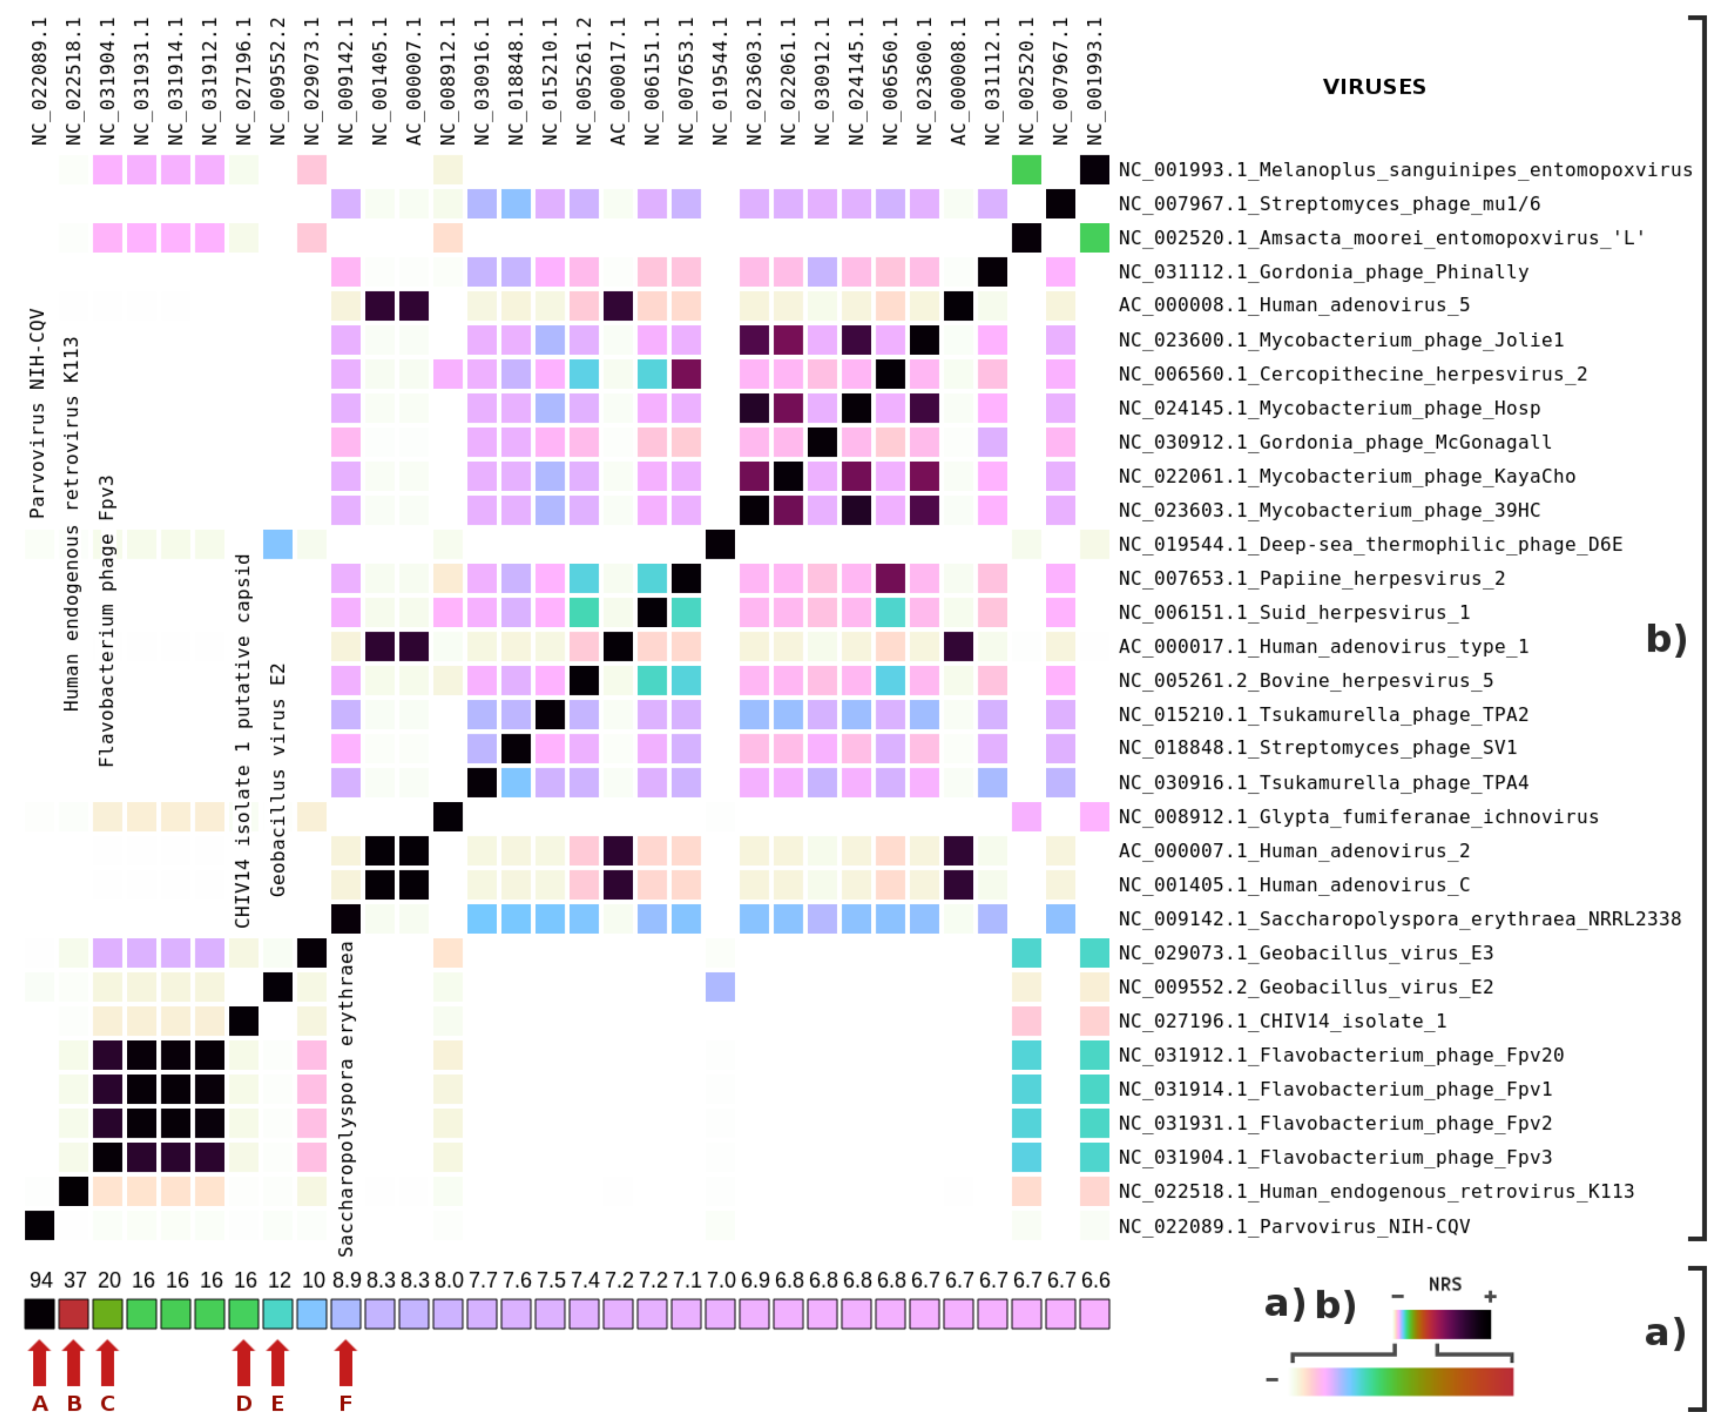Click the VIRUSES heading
pyautogui.click(x=1374, y=87)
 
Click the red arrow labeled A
pyautogui.click(x=40, y=1364)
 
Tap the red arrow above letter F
pyautogui.click(x=346, y=1364)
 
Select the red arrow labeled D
pyautogui.click(x=243, y=1364)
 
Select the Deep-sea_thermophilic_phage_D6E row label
pyautogui.click(x=1370, y=545)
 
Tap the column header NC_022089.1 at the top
pyautogui.click(x=40, y=82)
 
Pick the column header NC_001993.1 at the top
pyautogui.click(x=1095, y=82)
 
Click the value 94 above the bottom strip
pyautogui.click(x=40, y=1280)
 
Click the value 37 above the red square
pyautogui.click(x=74, y=1280)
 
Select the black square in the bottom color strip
pyautogui.click(x=40, y=1314)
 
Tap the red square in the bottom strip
pyautogui.click(x=74, y=1314)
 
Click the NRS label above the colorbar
pyautogui.click(x=1445, y=1284)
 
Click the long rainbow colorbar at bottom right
pyautogui.click(x=1401, y=1382)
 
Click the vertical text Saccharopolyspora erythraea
pyautogui.click(x=346, y=1097)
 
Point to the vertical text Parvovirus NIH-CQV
pyautogui.click(x=37, y=414)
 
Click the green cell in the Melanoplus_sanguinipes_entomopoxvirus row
pyautogui.click(x=1026, y=169)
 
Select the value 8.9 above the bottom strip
pyautogui.click(x=346, y=1280)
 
